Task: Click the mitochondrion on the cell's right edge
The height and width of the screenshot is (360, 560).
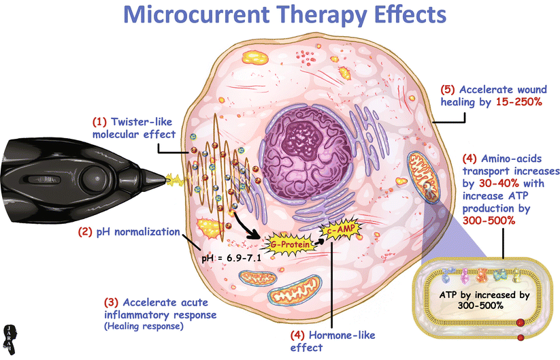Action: (x=423, y=176)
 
